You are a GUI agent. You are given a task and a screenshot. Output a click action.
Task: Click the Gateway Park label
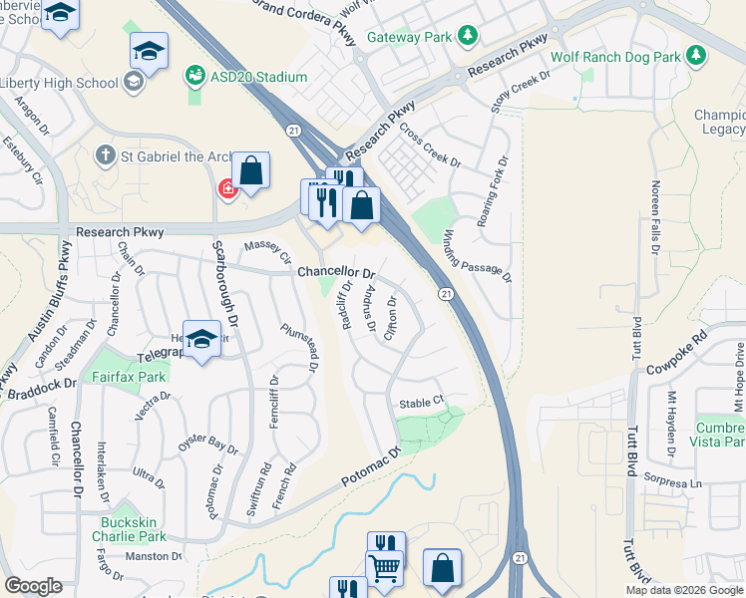(x=410, y=38)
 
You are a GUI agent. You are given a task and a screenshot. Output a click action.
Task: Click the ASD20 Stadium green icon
(x=194, y=75)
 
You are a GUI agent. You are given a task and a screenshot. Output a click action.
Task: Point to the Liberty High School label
(x=59, y=82)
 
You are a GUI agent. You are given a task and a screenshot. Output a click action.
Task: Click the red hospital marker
(x=227, y=188)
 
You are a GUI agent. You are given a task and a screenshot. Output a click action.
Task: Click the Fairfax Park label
(x=129, y=378)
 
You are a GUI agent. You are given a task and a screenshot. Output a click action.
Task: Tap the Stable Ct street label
(x=420, y=404)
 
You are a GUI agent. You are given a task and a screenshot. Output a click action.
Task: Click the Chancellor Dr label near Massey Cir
(x=337, y=272)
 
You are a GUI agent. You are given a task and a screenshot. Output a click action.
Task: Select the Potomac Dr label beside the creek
(x=366, y=468)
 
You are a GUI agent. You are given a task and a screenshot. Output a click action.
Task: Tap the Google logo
(x=34, y=586)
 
